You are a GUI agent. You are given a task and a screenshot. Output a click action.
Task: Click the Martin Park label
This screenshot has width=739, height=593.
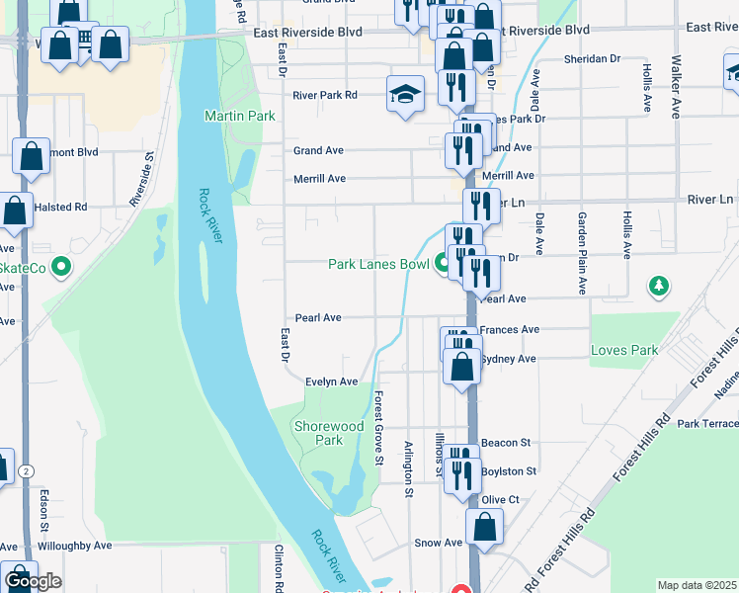(239, 116)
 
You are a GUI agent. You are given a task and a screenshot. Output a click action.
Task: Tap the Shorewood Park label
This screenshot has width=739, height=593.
(328, 433)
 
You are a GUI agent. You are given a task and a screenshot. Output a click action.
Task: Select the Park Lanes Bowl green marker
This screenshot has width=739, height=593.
(442, 265)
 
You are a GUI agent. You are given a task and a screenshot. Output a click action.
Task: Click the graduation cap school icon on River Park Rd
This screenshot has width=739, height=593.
(403, 94)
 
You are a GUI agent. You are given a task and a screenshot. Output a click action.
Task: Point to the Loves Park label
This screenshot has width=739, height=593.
(623, 350)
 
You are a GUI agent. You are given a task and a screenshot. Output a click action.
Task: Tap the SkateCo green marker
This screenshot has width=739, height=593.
(61, 267)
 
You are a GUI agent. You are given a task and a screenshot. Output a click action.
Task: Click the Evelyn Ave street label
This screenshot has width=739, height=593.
(331, 381)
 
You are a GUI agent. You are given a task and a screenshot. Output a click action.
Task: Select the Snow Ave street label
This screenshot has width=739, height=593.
(439, 543)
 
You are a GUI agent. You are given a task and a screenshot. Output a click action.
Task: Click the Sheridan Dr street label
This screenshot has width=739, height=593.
(592, 59)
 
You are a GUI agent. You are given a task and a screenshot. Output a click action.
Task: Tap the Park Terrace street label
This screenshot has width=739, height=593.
(707, 423)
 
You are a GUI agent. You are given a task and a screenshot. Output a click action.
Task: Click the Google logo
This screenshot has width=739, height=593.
(33, 581)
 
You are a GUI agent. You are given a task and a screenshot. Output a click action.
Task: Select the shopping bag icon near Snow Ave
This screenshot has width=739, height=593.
(485, 527)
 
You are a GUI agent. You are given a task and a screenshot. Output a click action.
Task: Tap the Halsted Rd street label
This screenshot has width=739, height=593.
(60, 208)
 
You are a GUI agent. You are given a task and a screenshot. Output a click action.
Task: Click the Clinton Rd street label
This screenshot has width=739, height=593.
(280, 567)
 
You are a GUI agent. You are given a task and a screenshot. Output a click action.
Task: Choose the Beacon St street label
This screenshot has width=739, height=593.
(506, 442)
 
